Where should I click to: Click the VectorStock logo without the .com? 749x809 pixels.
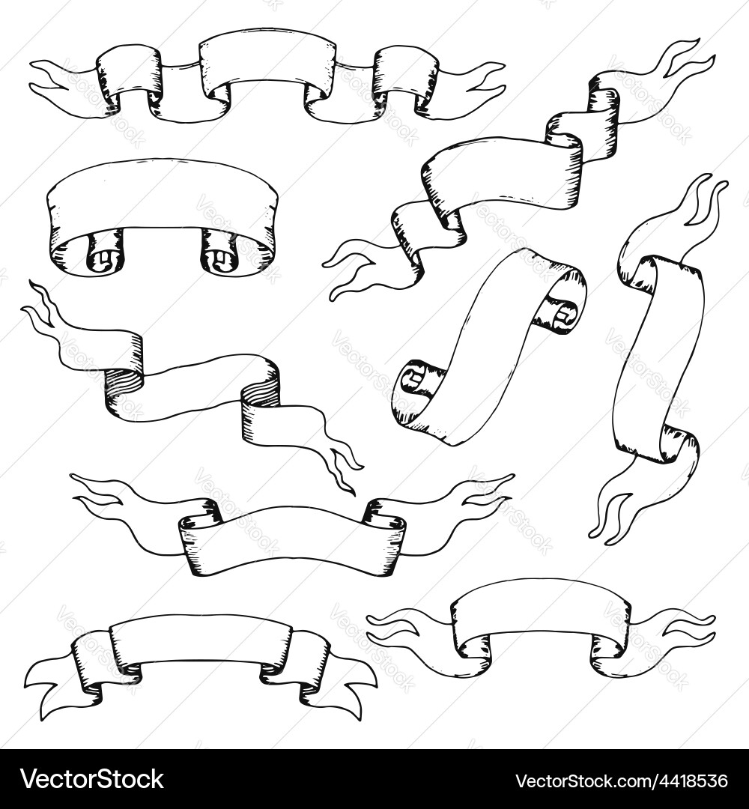point(91,779)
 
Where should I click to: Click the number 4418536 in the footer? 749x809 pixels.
point(682,781)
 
